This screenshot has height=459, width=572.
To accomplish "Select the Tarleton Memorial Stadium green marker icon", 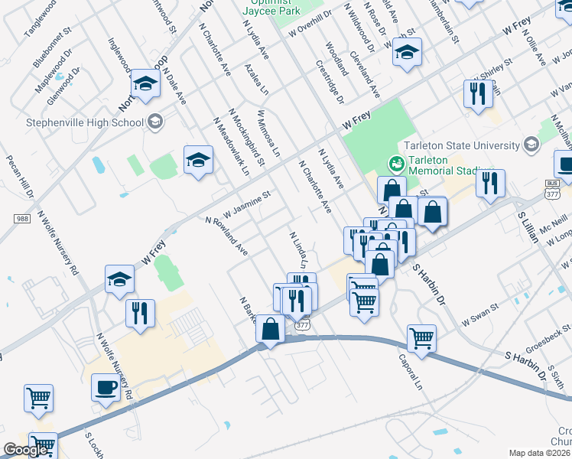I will pyautogui.click(x=396, y=163).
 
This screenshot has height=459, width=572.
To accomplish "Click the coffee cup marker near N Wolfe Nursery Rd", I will pyautogui.click(x=105, y=387).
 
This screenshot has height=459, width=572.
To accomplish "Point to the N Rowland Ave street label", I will pyautogui.click(x=226, y=236).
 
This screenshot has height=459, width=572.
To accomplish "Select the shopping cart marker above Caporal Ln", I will pyautogui.click(x=421, y=337).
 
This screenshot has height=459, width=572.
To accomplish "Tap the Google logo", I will pyautogui.click(x=26, y=450).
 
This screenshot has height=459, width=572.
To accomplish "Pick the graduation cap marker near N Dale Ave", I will pyautogui.click(x=145, y=85).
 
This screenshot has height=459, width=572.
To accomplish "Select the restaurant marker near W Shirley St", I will pyautogui.click(x=476, y=94).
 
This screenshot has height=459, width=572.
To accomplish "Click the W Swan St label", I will pyautogui.click(x=479, y=316).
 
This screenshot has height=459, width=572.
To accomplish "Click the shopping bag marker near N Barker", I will pyautogui.click(x=270, y=329).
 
